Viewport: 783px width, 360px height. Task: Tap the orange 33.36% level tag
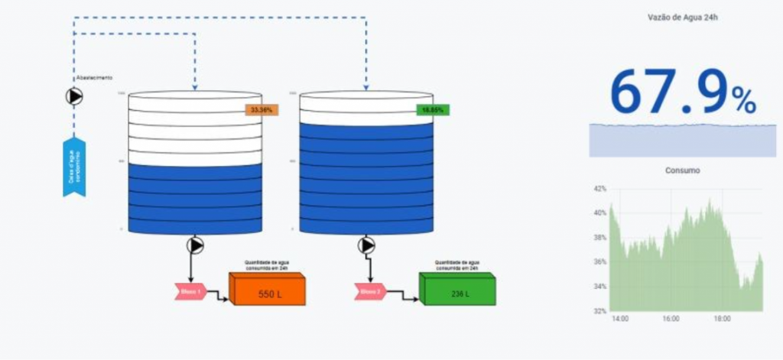[262, 110]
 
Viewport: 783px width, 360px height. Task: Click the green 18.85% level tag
[433, 110]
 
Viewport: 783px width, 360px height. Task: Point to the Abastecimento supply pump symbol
[74, 96]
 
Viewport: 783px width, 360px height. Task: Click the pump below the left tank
[195, 245]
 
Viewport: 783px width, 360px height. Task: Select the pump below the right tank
[367, 245]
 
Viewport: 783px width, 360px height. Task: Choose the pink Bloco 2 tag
[369, 291]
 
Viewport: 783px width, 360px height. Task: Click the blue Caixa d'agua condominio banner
[74, 167]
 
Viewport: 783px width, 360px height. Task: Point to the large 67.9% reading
[682, 93]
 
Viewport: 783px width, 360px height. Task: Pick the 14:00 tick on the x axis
[620, 319]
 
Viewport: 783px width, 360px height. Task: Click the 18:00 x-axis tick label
[722, 319]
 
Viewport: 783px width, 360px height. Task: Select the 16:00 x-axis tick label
[671, 319]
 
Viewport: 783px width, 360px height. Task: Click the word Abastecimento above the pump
[94, 78]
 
